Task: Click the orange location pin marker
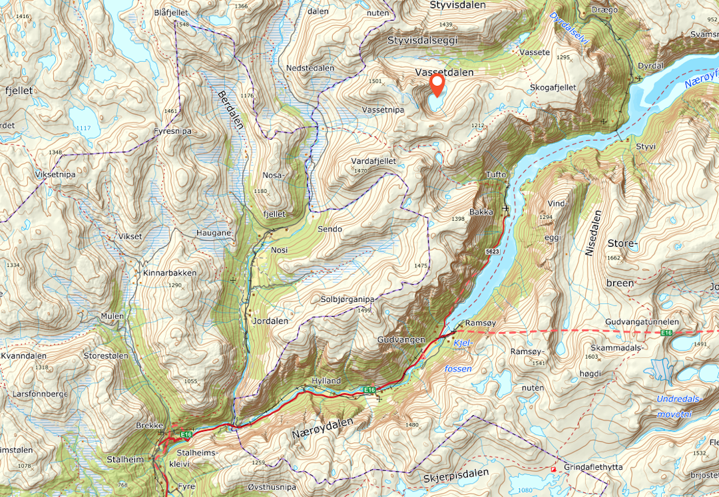tap(437, 84)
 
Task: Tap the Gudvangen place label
tap(401, 340)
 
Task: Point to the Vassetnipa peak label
tap(383, 109)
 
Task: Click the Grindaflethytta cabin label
tap(593, 468)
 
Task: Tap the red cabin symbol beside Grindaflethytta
tap(553, 469)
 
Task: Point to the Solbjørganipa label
tap(348, 299)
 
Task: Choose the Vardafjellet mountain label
tap(374, 162)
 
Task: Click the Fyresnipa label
tap(171, 131)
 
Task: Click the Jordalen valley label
tap(270, 321)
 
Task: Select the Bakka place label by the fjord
tap(481, 212)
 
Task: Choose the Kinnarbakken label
tap(170, 273)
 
